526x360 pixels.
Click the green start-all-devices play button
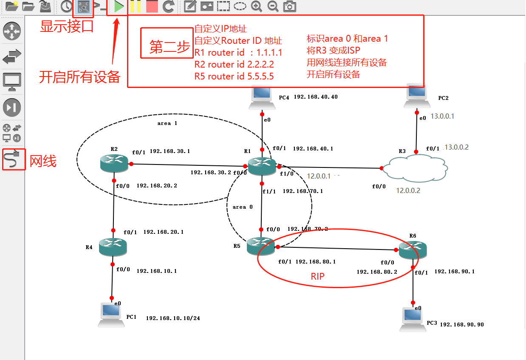119,6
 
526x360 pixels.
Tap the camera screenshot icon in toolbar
290,6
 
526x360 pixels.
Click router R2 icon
114,163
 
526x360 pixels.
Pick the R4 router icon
113,247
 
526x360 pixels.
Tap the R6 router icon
413,250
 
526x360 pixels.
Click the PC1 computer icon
112,315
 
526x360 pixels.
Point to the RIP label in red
317,276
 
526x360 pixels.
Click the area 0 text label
243,207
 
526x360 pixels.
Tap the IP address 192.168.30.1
170,151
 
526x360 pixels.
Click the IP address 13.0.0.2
456,147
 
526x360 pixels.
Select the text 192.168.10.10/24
173,318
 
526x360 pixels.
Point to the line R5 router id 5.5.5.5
234,77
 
